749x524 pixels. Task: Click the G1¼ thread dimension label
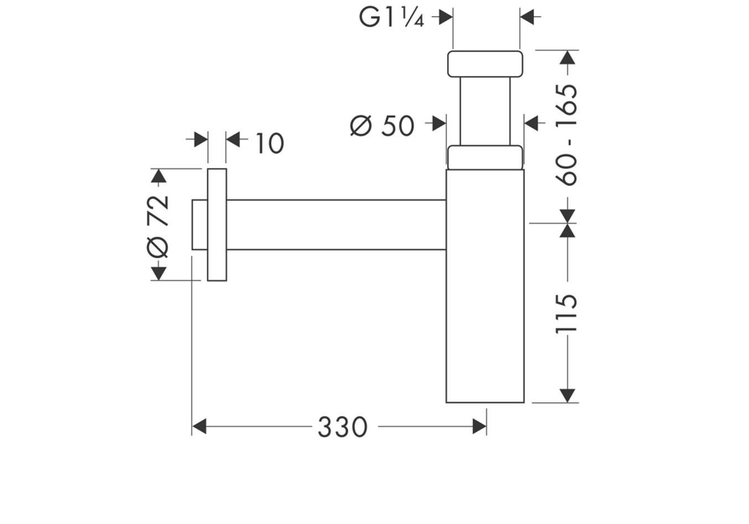[391, 18]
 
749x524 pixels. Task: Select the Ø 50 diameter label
[382, 126]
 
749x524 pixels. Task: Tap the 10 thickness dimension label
[269, 143]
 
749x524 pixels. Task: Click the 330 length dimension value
[342, 427]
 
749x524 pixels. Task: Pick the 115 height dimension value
[566, 314]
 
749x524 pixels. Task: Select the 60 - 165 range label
[566, 135]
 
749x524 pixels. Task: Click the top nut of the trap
[484, 63]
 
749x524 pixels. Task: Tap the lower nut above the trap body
[484, 157]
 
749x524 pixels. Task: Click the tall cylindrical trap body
[485, 286]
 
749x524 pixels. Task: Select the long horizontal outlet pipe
[336, 224]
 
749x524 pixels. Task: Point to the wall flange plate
[217, 224]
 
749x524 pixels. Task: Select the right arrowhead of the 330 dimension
[479, 427]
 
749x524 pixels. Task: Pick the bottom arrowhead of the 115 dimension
[567, 395]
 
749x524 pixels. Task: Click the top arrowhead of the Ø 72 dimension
[158, 176]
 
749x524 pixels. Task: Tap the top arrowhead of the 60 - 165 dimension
[567, 58]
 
